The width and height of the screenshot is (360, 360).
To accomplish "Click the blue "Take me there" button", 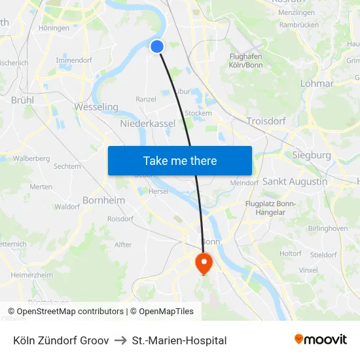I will point(179,160).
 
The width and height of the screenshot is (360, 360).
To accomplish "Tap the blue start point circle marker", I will point(157,46).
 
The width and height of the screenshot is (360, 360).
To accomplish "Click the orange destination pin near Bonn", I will point(204,263).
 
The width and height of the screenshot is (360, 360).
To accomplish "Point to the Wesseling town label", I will point(96,107).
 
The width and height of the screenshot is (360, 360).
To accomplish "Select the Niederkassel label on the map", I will point(147,123).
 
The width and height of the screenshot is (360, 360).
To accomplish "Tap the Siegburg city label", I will point(311,155).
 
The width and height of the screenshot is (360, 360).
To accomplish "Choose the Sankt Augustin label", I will point(295,181).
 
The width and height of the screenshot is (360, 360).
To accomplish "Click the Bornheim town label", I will point(104,200).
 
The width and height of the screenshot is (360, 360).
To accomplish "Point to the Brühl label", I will point(23,100).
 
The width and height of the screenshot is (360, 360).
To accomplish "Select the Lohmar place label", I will point(317,84).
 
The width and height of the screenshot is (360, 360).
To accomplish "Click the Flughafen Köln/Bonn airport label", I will point(246,61).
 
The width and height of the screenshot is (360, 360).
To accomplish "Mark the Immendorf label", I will point(73,60).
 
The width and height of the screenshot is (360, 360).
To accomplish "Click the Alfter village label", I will point(123,245).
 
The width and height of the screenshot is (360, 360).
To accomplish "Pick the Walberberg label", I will point(31,158).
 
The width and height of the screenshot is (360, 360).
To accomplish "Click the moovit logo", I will point(320,340).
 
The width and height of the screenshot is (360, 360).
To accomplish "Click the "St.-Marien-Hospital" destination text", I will point(179,340).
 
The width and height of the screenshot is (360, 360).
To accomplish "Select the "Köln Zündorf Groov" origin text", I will point(61,340).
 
